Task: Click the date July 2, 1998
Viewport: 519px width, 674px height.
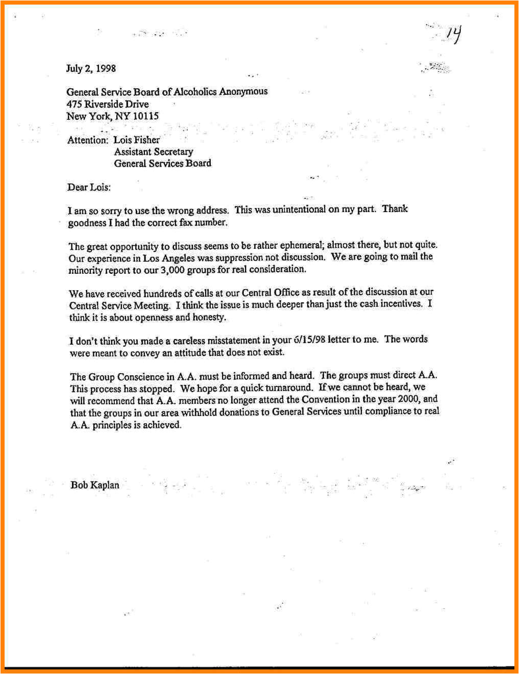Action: (91, 68)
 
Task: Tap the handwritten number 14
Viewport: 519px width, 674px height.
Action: (453, 35)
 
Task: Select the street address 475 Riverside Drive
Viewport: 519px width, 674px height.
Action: (107, 104)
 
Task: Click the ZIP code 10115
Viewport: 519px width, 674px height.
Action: (146, 116)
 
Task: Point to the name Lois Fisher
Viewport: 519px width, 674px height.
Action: (136, 140)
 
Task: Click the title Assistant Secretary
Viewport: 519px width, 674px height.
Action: (154, 151)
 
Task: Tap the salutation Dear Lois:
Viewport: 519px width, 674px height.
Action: (89, 187)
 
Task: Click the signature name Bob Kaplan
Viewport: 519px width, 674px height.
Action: (95, 485)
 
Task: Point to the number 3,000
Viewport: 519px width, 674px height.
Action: (172, 270)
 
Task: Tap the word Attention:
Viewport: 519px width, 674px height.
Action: (88, 140)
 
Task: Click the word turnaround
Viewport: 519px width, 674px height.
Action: (288, 387)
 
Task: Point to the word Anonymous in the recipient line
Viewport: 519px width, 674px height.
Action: (243, 92)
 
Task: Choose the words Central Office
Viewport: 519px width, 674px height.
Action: (270, 293)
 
